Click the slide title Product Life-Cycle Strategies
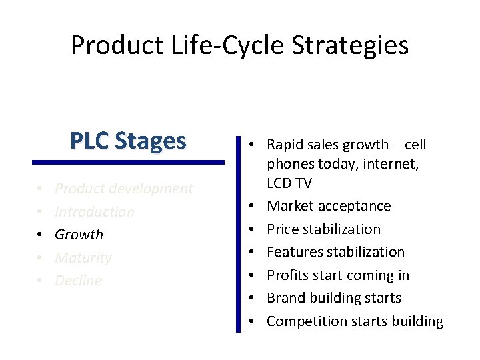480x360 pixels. point(239,45)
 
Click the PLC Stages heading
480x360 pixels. point(128,141)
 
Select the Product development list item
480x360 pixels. point(123,189)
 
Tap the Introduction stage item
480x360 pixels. point(94,212)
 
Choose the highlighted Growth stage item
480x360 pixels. point(79,235)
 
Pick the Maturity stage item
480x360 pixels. point(83,258)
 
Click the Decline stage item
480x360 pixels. point(78,281)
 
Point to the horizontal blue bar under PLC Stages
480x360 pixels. point(128,161)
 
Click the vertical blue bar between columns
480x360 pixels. point(238,233)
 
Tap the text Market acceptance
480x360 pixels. point(329,206)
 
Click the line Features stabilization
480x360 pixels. point(335,252)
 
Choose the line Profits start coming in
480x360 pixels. point(338,275)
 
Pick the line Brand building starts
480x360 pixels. point(334,298)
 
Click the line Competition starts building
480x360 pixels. point(355,321)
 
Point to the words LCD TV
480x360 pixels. point(289,183)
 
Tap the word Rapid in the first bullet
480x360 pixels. point(285,145)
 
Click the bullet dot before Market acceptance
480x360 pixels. point(253,207)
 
